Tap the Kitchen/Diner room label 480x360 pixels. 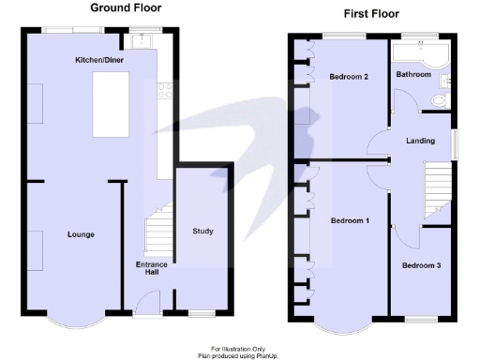(x=100, y=60)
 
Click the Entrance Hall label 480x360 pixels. (x=152, y=268)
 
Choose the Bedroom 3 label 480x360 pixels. (x=422, y=265)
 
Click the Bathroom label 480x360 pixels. (x=412, y=74)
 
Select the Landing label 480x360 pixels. (x=419, y=142)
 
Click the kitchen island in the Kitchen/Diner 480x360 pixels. (x=113, y=105)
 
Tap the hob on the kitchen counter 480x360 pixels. (x=164, y=91)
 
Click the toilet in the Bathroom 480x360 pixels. (x=438, y=101)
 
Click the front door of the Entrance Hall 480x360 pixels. (x=146, y=302)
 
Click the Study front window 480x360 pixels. (x=202, y=310)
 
